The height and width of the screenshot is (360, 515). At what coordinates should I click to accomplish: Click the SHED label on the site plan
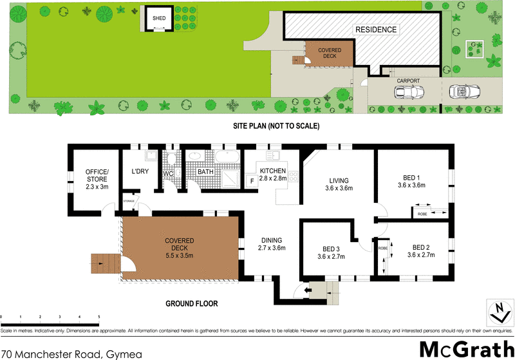pyautogui.click(x=158, y=19)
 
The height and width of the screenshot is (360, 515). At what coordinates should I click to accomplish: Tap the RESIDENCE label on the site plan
pyautogui.click(x=377, y=30)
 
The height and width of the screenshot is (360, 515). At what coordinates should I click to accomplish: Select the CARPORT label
pyautogui.click(x=408, y=81)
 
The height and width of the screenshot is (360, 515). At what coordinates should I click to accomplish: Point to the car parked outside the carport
pyautogui.click(x=462, y=92)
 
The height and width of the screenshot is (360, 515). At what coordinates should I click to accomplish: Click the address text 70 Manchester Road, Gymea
pyautogui.click(x=70, y=354)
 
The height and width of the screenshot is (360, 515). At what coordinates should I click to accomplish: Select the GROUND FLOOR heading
pyautogui.click(x=192, y=303)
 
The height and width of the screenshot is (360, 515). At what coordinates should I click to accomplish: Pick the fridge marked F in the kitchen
pyautogui.click(x=252, y=182)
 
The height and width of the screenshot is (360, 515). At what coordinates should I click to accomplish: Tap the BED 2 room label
pyautogui.click(x=421, y=247)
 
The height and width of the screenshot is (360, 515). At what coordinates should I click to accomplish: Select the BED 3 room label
pyautogui.click(x=331, y=249)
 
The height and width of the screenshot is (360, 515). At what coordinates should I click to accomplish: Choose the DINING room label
pyautogui.click(x=271, y=240)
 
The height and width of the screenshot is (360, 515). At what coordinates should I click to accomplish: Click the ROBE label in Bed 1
pyautogui.click(x=422, y=213)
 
